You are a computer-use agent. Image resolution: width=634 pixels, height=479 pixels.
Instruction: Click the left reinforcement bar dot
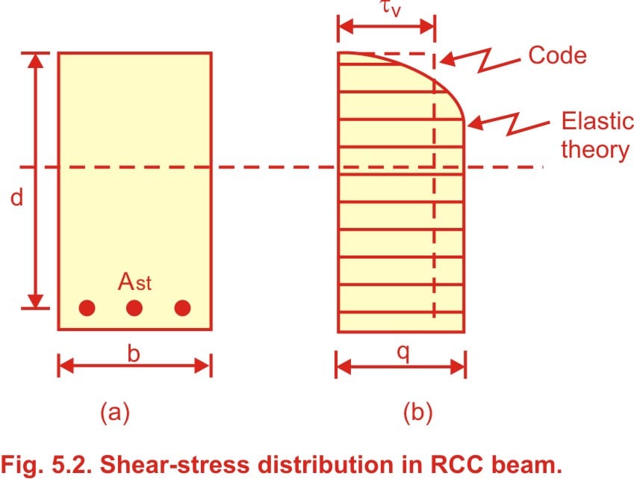point(87,308)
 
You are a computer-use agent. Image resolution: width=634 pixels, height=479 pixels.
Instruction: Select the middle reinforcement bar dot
point(134,308)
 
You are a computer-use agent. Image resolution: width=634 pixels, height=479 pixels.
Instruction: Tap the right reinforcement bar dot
point(182,308)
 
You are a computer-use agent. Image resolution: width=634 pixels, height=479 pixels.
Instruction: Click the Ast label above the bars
point(134,282)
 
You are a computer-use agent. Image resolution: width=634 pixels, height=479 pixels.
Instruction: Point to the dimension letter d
point(16,198)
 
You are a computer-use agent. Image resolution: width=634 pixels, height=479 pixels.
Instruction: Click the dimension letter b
point(134,353)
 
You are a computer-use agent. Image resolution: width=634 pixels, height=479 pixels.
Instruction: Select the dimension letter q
point(403,353)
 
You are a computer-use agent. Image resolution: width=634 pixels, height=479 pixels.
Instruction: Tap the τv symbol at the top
point(391,8)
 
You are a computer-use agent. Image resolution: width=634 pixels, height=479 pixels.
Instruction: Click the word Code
point(558,55)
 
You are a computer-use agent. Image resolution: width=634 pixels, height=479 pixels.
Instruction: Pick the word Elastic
point(597,120)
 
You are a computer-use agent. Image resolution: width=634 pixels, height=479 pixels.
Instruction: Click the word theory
point(595,149)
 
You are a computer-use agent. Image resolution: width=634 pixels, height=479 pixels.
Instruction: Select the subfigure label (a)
point(115,412)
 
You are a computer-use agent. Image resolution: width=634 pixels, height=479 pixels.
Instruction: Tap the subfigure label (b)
point(418,412)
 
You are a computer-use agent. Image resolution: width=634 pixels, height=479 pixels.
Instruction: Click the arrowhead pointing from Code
point(448,59)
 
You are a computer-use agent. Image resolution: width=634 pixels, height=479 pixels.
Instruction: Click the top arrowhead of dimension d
point(36,61)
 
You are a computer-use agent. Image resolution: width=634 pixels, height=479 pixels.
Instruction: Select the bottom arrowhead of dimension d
point(36,300)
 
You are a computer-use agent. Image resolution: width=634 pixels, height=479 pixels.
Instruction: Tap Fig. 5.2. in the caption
point(47,465)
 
